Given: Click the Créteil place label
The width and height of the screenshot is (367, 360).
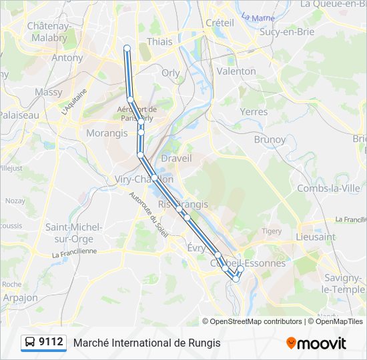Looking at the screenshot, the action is pyautogui.click(x=220, y=23).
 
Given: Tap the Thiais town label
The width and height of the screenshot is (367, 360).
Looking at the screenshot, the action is pyautogui.click(x=159, y=41).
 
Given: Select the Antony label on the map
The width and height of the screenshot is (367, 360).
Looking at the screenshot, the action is pyautogui.click(x=67, y=57).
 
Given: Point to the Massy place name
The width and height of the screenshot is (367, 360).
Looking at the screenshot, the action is pyautogui.click(x=49, y=92).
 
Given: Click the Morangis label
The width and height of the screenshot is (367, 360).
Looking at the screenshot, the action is pyautogui.click(x=107, y=133).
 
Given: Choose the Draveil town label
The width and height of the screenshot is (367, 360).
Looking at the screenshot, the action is pyautogui.click(x=176, y=158).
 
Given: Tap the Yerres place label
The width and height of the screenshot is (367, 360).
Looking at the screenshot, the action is pyautogui.click(x=254, y=111).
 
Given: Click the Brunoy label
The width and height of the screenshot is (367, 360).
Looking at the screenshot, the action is pyautogui.click(x=270, y=140).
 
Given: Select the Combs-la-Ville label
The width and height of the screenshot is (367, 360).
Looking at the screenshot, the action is pyautogui.click(x=328, y=189).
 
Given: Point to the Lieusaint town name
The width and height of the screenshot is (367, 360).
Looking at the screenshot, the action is pyautogui.click(x=316, y=237).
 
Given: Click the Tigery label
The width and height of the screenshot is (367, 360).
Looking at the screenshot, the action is pyautogui.click(x=272, y=231).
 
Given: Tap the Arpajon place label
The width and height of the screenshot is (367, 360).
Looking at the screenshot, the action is pyautogui.click(x=20, y=298).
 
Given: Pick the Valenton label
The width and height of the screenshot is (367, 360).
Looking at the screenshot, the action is pyautogui.click(x=236, y=71).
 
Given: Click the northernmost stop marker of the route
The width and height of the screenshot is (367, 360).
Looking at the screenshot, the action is pyautogui.click(x=127, y=47).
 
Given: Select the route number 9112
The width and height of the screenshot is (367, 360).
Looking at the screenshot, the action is pyautogui.click(x=51, y=343).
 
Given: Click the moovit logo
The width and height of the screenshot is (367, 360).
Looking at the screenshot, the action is pyautogui.click(x=316, y=343).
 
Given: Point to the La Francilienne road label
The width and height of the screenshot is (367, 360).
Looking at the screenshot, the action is pyautogui.click(x=74, y=251).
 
